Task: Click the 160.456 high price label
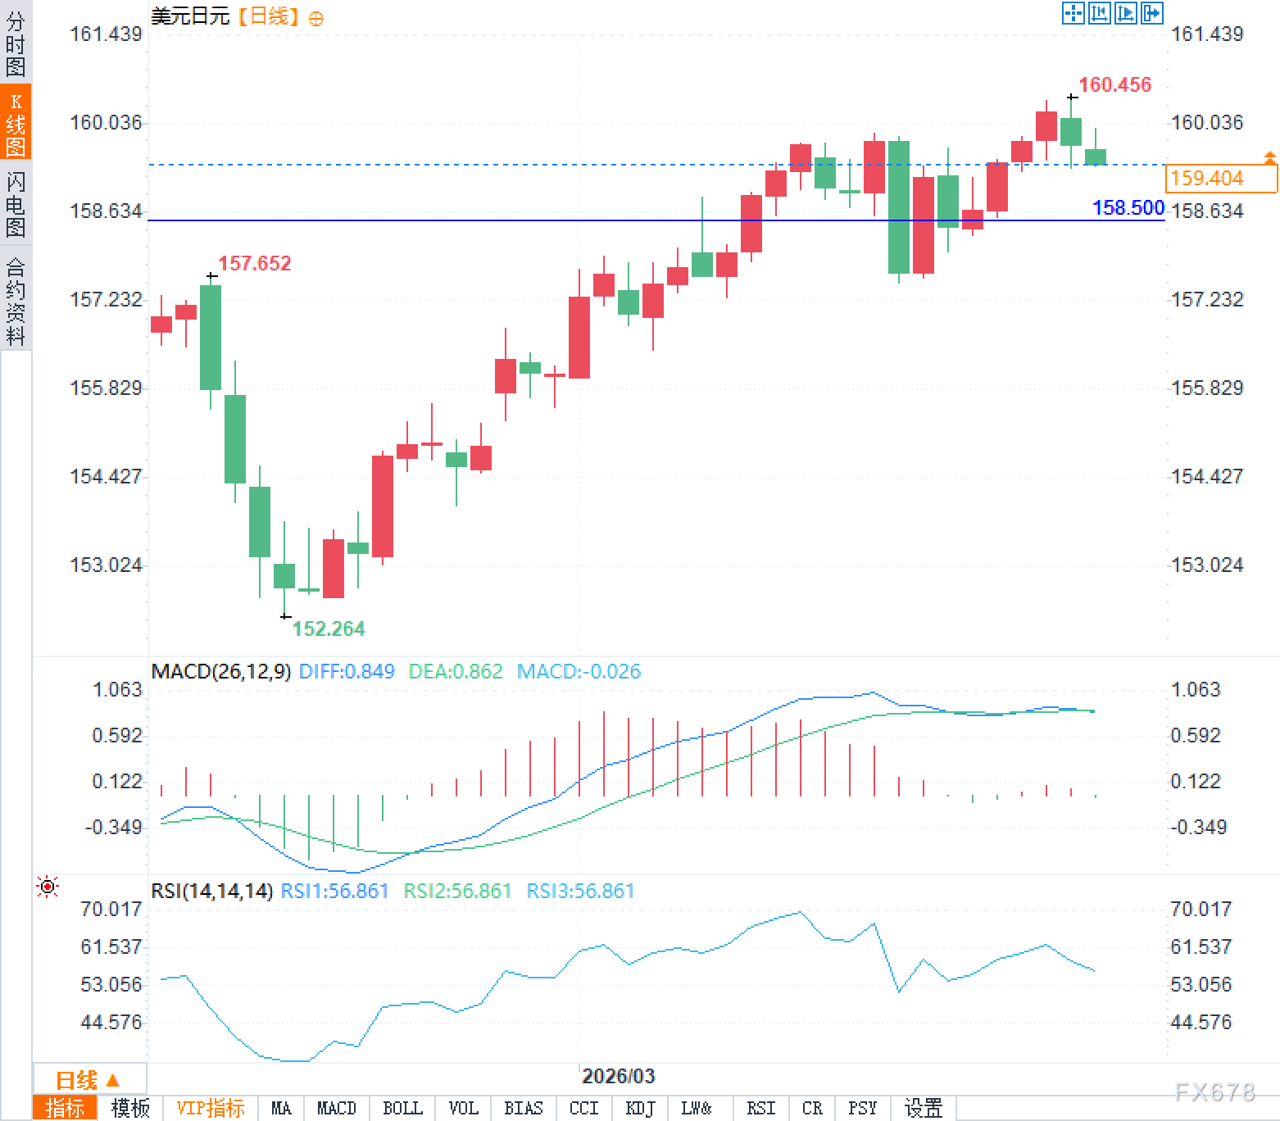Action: click(1114, 84)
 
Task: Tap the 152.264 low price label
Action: click(329, 629)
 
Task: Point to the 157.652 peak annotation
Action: click(254, 263)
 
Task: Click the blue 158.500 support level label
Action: click(1128, 207)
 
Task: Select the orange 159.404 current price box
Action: click(1220, 178)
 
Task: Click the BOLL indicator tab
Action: click(402, 1108)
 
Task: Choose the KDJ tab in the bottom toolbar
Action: click(640, 1108)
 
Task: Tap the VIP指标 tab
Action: click(211, 1108)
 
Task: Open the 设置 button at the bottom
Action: click(924, 1108)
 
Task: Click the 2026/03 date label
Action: click(618, 1076)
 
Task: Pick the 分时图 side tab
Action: click(16, 43)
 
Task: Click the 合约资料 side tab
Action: click(16, 301)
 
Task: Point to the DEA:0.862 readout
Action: click(455, 671)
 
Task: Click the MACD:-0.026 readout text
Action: click(579, 671)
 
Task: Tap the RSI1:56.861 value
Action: click(334, 891)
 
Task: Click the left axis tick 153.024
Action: click(106, 565)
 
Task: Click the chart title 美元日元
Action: click(190, 16)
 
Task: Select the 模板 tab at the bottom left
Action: click(130, 1108)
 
